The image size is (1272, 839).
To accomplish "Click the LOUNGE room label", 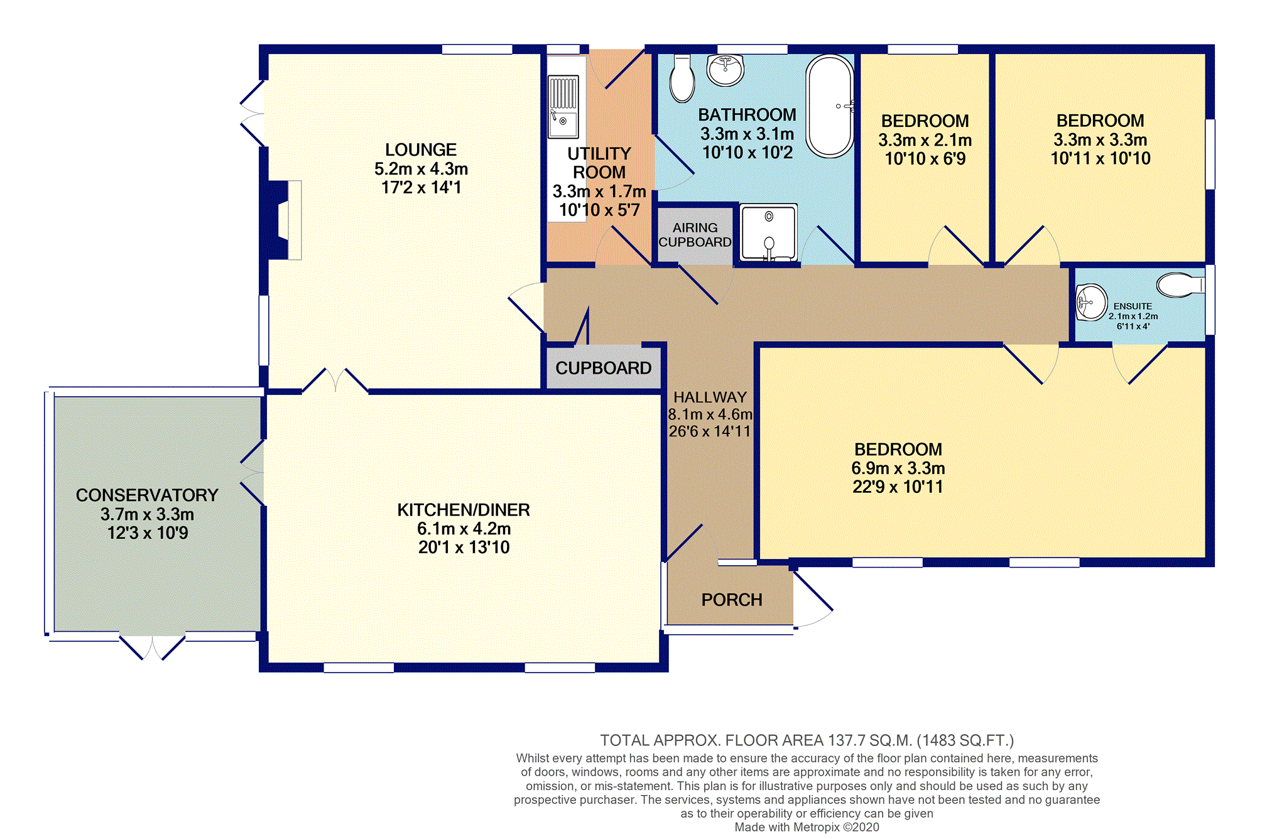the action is click(421, 150).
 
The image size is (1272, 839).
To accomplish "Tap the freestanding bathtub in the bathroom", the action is click(830, 106).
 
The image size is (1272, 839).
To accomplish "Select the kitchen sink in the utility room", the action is click(563, 106).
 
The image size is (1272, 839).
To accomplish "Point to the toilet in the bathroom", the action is click(682, 78).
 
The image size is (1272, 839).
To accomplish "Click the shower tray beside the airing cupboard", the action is click(768, 232).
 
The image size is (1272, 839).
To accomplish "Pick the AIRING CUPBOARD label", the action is click(695, 235).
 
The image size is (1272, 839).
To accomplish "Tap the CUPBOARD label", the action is click(603, 368).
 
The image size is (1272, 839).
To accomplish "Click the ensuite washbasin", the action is click(1092, 302).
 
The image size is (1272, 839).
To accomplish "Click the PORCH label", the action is click(732, 600).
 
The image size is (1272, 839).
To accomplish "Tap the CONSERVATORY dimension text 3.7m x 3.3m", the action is click(147, 514).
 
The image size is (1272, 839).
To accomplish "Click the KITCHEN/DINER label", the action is click(464, 510).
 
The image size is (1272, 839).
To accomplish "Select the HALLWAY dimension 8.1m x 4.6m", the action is click(710, 414).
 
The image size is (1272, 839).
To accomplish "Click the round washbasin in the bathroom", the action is click(726, 70).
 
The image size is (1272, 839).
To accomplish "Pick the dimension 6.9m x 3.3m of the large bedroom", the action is click(898, 468).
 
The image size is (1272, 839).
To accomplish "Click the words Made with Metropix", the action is click(787, 827).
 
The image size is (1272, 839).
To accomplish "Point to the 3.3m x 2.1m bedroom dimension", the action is click(925, 140).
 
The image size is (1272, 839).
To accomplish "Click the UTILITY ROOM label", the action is click(599, 163).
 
